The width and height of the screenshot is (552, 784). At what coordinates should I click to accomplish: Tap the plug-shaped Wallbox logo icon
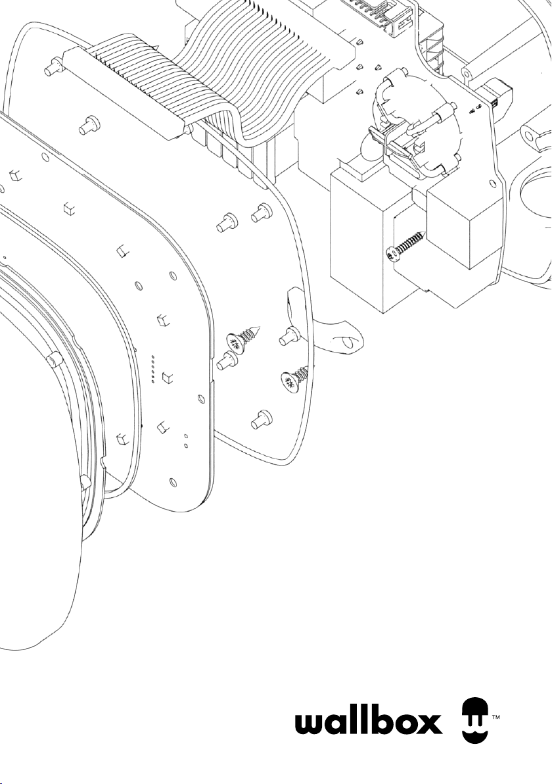click(474, 720)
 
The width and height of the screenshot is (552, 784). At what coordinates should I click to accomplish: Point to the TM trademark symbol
click(496, 719)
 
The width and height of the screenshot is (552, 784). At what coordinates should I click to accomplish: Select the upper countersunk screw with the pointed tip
click(244, 337)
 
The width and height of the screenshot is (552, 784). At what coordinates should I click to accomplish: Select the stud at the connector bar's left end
click(53, 68)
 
